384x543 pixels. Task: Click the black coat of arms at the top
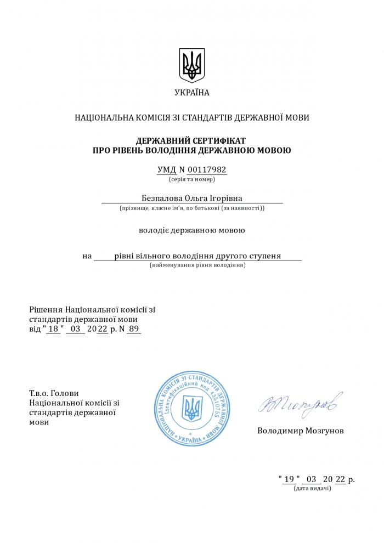192,65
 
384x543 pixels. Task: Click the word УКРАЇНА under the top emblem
192,93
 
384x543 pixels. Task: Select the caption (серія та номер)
192,179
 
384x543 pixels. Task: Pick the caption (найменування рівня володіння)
197,265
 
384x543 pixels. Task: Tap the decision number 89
134,329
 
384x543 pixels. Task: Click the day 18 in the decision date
53,329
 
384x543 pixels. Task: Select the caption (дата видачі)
312,488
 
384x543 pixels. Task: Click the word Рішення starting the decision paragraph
46,309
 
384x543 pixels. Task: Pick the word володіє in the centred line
155,230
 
